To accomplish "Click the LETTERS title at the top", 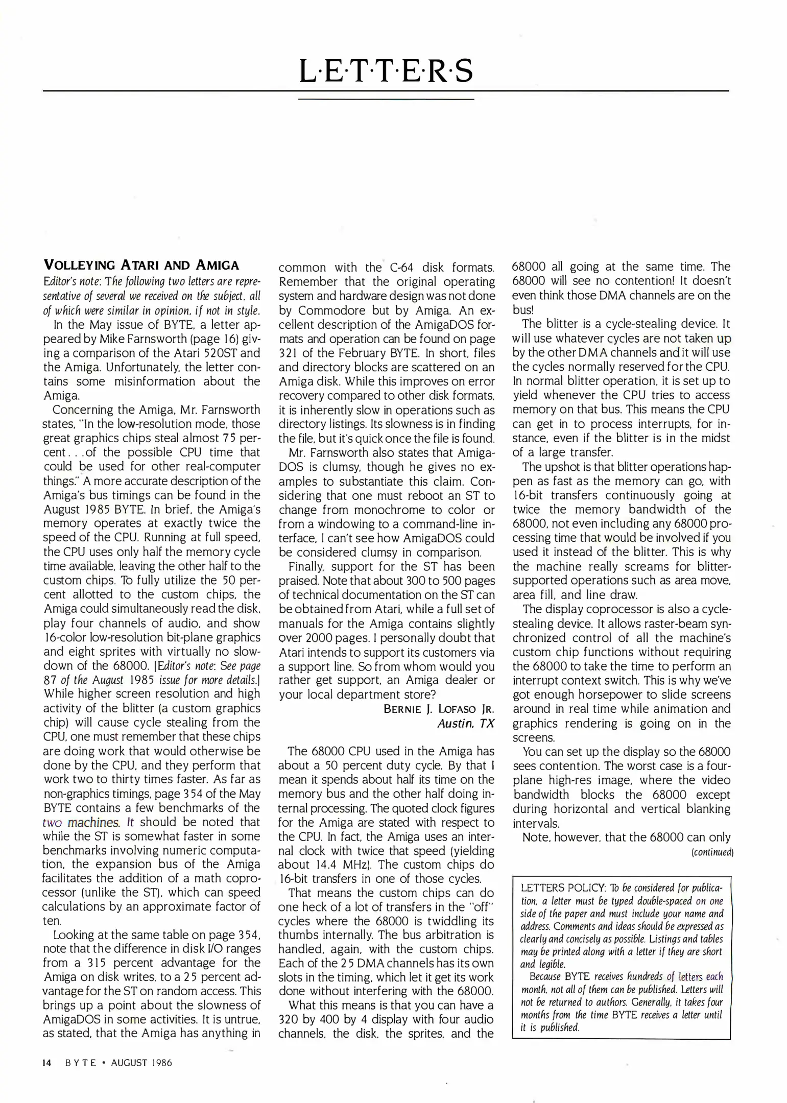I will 386,71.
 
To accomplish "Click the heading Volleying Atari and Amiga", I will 141,265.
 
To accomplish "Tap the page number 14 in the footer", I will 46,1063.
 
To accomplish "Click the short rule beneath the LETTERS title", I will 386,99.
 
